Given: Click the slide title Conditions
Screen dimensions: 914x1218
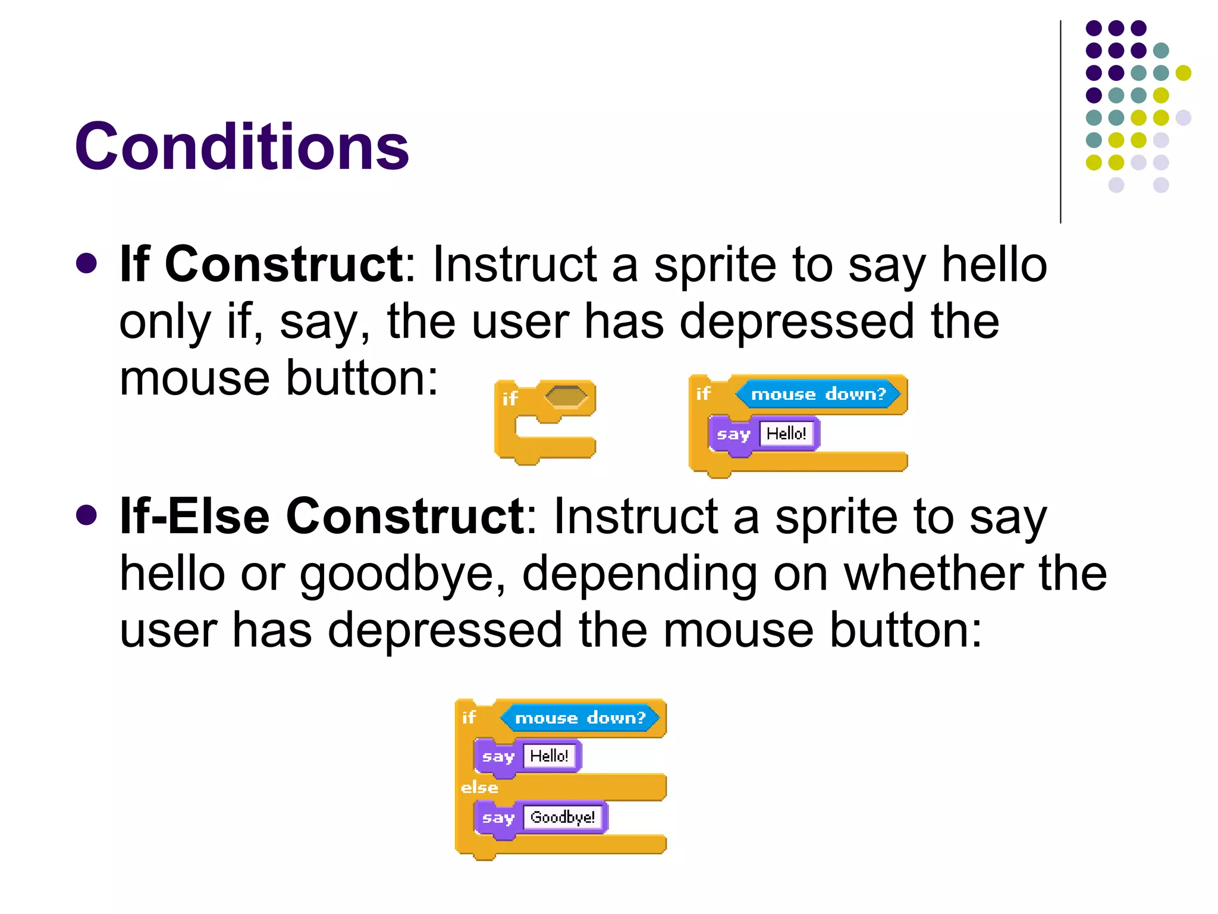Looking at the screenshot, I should (x=241, y=146).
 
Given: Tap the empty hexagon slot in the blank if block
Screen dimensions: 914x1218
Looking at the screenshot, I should (x=566, y=396).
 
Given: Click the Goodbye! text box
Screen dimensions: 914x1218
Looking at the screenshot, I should (x=562, y=817).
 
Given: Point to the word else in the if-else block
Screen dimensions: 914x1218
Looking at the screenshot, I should (x=479, y=787).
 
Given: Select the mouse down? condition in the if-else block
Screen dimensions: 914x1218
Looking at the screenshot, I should (x=580, y=718).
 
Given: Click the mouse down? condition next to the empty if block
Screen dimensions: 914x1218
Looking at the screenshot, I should (x=818, y=394).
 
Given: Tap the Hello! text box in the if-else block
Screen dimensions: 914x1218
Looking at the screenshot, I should (x=549, y=756).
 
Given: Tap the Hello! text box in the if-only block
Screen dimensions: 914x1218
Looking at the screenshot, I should (x=786, y=433).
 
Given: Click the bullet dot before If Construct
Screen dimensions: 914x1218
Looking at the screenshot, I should (x=87, y=264).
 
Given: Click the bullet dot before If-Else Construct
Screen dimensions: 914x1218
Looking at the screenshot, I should (x=87, y=515).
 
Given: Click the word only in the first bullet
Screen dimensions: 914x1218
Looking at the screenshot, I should (x=165, y=321).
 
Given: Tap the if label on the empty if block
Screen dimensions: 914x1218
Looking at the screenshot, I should (x=510, y=398).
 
